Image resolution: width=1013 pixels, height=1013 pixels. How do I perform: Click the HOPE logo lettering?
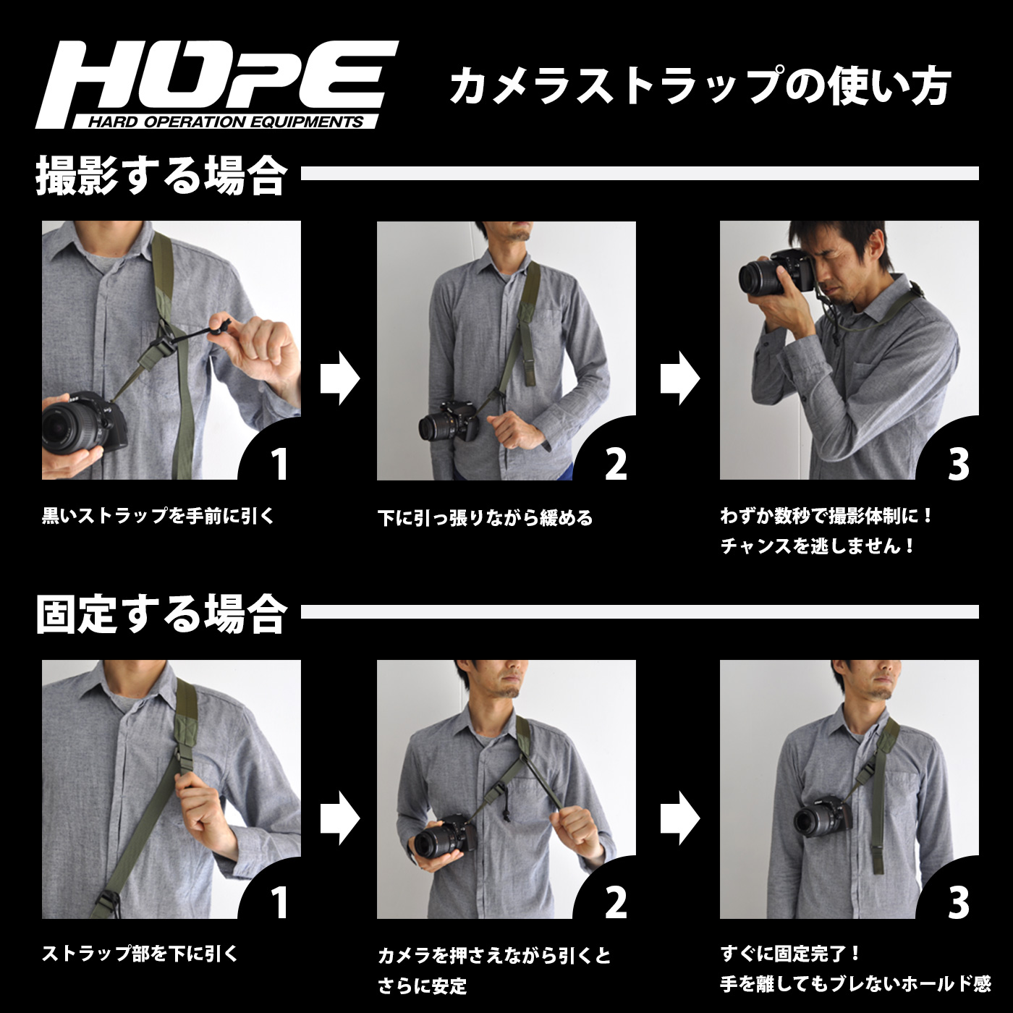pyautogui.click(x=217, y=76)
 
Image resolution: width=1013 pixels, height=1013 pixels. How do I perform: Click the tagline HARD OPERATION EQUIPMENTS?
pyautogui.click(x=225, y=122)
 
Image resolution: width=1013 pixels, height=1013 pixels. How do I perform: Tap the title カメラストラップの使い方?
pyautogui.click(x=698, y=86)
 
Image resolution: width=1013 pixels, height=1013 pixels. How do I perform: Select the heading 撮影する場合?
pyautogui.click(x=161, y=175)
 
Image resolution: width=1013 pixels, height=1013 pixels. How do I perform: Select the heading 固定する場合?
pyautogui.click(x=161, y=614)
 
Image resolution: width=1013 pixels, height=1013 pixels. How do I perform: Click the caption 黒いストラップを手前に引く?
pyautogui.click(x=158, y=516)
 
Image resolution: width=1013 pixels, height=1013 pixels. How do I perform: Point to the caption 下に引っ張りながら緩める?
pyautogui.click(x=485, y=518)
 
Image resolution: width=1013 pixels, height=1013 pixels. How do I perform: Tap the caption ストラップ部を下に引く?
pyautogui.click(x=140, y=954)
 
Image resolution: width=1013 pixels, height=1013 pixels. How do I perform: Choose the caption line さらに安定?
pyautogui.click(x=423, y=986)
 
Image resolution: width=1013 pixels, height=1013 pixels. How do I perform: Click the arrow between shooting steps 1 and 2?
pyautogui.click(x=339, y=378)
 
